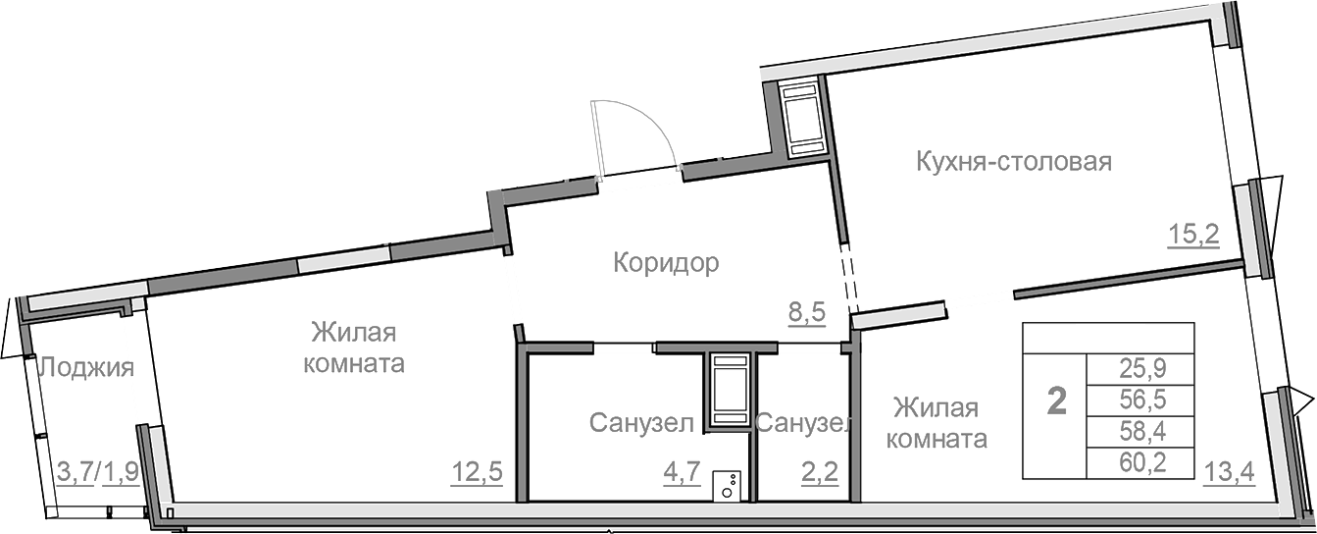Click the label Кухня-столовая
1013,162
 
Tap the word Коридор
666,263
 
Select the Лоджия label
85,369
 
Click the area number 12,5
477,472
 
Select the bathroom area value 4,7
681,472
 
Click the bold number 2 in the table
1057,400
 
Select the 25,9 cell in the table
1140,370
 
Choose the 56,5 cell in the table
1140,400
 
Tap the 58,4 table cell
1140,431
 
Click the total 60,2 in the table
1140,461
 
